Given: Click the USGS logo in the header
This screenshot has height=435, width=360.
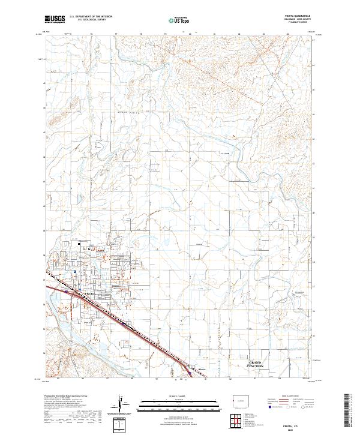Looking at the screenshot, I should tap(55, 19).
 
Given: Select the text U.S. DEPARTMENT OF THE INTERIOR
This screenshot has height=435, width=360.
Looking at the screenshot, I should tap(91, 17).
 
